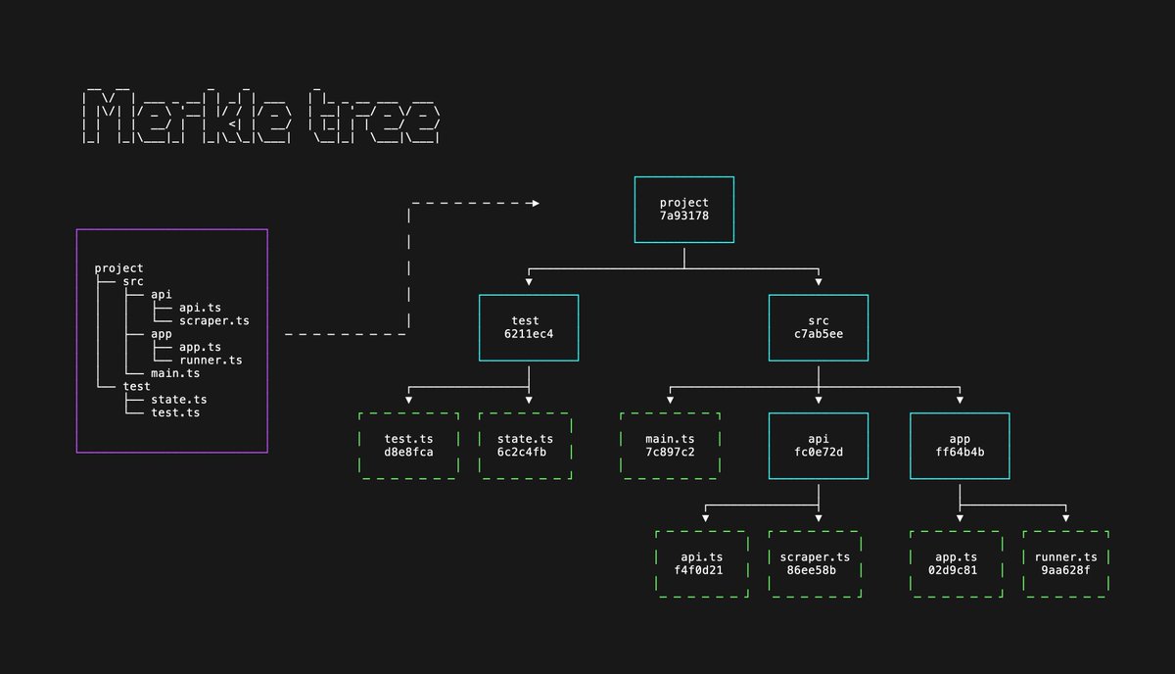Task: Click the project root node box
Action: [683, 210]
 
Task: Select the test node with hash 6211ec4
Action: [529, 327]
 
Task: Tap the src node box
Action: [819, 327]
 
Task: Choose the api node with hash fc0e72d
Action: [819, 446]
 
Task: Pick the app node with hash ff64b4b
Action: [960, 446]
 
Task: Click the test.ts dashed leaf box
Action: [409, 446]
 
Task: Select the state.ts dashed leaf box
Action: [525, 446]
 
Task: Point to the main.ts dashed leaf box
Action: [670, 446]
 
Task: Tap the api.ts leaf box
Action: [699, 563]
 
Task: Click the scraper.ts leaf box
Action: [815, 563]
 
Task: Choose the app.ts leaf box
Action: [957, 563]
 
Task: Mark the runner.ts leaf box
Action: [1065, 563]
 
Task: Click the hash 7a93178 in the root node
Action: [683, 217]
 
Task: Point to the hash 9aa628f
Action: [1065, 570]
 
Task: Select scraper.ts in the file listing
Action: [214, 320]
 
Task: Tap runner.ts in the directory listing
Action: [211, 361]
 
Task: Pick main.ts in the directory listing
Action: [175, 373]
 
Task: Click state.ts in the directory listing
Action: [179, 400]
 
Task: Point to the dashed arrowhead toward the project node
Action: [534, 204]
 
